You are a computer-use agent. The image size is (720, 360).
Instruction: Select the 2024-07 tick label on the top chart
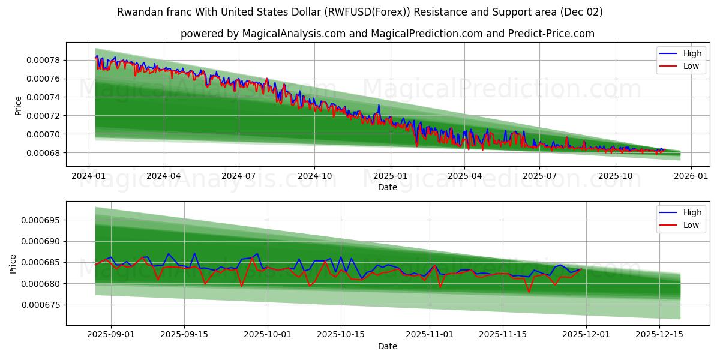[238, 176]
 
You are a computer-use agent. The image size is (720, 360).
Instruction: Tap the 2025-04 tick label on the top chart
[465, 176]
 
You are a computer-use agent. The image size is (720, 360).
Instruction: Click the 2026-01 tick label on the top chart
[691, 176]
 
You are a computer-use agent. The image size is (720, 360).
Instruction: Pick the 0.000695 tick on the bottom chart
[37, 220]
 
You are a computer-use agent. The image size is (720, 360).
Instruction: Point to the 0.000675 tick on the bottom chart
[37, 305]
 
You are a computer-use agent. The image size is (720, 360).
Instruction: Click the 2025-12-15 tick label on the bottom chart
[659, 335]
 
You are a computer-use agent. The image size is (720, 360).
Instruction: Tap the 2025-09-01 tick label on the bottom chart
[110, 335]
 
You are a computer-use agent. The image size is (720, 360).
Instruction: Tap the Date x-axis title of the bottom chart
[387, 346]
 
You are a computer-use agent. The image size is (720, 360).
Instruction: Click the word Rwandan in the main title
[137, 12]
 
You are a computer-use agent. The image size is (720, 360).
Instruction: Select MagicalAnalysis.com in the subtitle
[293, 34]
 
